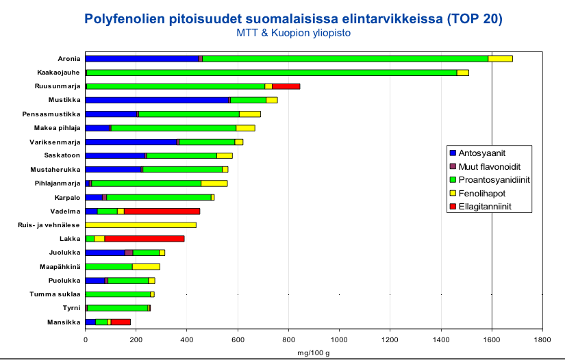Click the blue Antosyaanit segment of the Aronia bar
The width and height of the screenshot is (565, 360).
click(x=142, y=58)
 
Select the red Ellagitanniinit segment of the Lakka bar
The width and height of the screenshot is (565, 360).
click(x=145, y=238)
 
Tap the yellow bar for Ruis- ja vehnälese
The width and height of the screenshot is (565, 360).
click(x=140, y=224)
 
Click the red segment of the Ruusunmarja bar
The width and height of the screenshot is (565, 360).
click(x=286, y=86)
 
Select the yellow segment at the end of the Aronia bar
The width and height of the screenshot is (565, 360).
click(x=500, y=58)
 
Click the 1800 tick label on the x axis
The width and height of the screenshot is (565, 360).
click(x=542, y=337)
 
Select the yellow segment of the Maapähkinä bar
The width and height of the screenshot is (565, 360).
click(x=146, y=266)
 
